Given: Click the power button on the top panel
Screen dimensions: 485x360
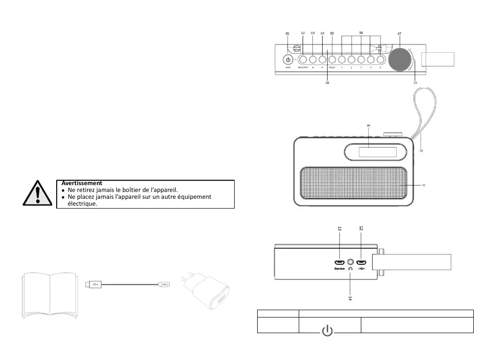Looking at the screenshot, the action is pos(288,60).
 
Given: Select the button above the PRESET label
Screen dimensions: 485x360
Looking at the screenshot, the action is pos(332,60).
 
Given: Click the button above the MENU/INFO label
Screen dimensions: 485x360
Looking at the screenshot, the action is pos(303,60).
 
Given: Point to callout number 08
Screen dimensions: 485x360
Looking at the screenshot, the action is pos(327,83).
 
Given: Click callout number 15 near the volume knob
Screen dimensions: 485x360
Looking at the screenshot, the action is pos(415,83).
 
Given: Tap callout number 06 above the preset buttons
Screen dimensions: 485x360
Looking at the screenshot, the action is pos(361,33).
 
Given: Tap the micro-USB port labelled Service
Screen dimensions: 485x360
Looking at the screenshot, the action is pos(340,262).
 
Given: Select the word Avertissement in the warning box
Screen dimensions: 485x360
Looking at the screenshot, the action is pos(82,183).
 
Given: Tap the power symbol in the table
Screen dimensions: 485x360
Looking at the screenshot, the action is pos(328,331).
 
